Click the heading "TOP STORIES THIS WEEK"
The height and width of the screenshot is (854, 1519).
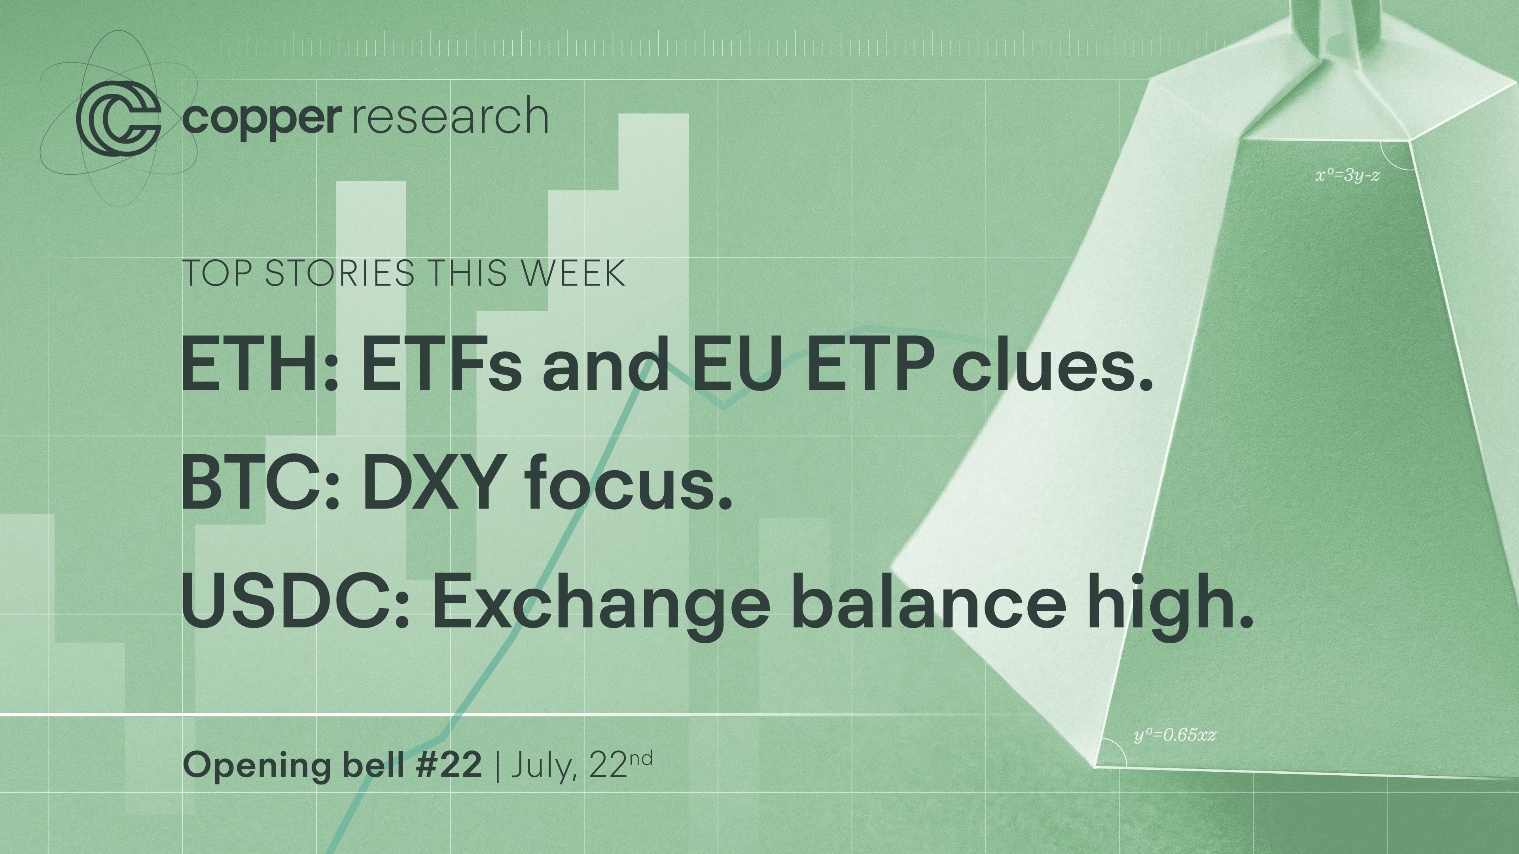403,273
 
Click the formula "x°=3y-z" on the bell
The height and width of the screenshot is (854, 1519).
1347,175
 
